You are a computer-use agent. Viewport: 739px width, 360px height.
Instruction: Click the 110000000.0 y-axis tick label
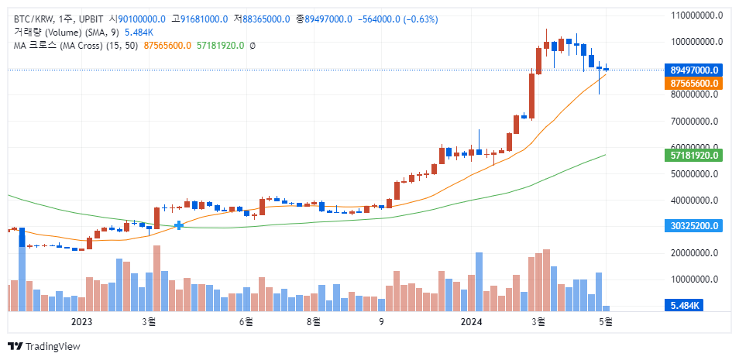[696, 15]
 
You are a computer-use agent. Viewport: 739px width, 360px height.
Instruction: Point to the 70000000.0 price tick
[696, 121]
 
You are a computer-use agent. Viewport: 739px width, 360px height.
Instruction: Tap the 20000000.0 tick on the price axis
[696, 252]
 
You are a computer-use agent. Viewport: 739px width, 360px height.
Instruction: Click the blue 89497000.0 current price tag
[695, 70]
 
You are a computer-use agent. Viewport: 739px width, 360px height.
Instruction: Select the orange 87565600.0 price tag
[695, 83]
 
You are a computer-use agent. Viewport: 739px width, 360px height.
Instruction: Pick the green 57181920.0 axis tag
[695, 156]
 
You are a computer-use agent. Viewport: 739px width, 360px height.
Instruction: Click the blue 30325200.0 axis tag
[695, 225]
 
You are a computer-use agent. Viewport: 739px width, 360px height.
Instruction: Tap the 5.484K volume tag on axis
[685, 306]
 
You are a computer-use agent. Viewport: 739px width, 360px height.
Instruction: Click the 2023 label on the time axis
[81, 321]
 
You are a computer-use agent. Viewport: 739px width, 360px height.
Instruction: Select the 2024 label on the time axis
[471, 321]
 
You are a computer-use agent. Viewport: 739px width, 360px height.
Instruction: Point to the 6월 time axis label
[246, 321]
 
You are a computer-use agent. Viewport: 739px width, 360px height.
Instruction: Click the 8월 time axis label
[314, 321]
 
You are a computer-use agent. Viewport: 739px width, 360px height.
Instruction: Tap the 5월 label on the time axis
[607, 321]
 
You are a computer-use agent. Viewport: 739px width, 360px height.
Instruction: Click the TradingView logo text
[53, 346]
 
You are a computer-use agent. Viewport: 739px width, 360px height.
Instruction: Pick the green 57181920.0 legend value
[221, 46]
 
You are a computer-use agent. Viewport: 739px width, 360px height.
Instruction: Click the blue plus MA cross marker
[179, 225]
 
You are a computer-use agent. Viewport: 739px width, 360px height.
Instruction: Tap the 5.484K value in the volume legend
[139, 32]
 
